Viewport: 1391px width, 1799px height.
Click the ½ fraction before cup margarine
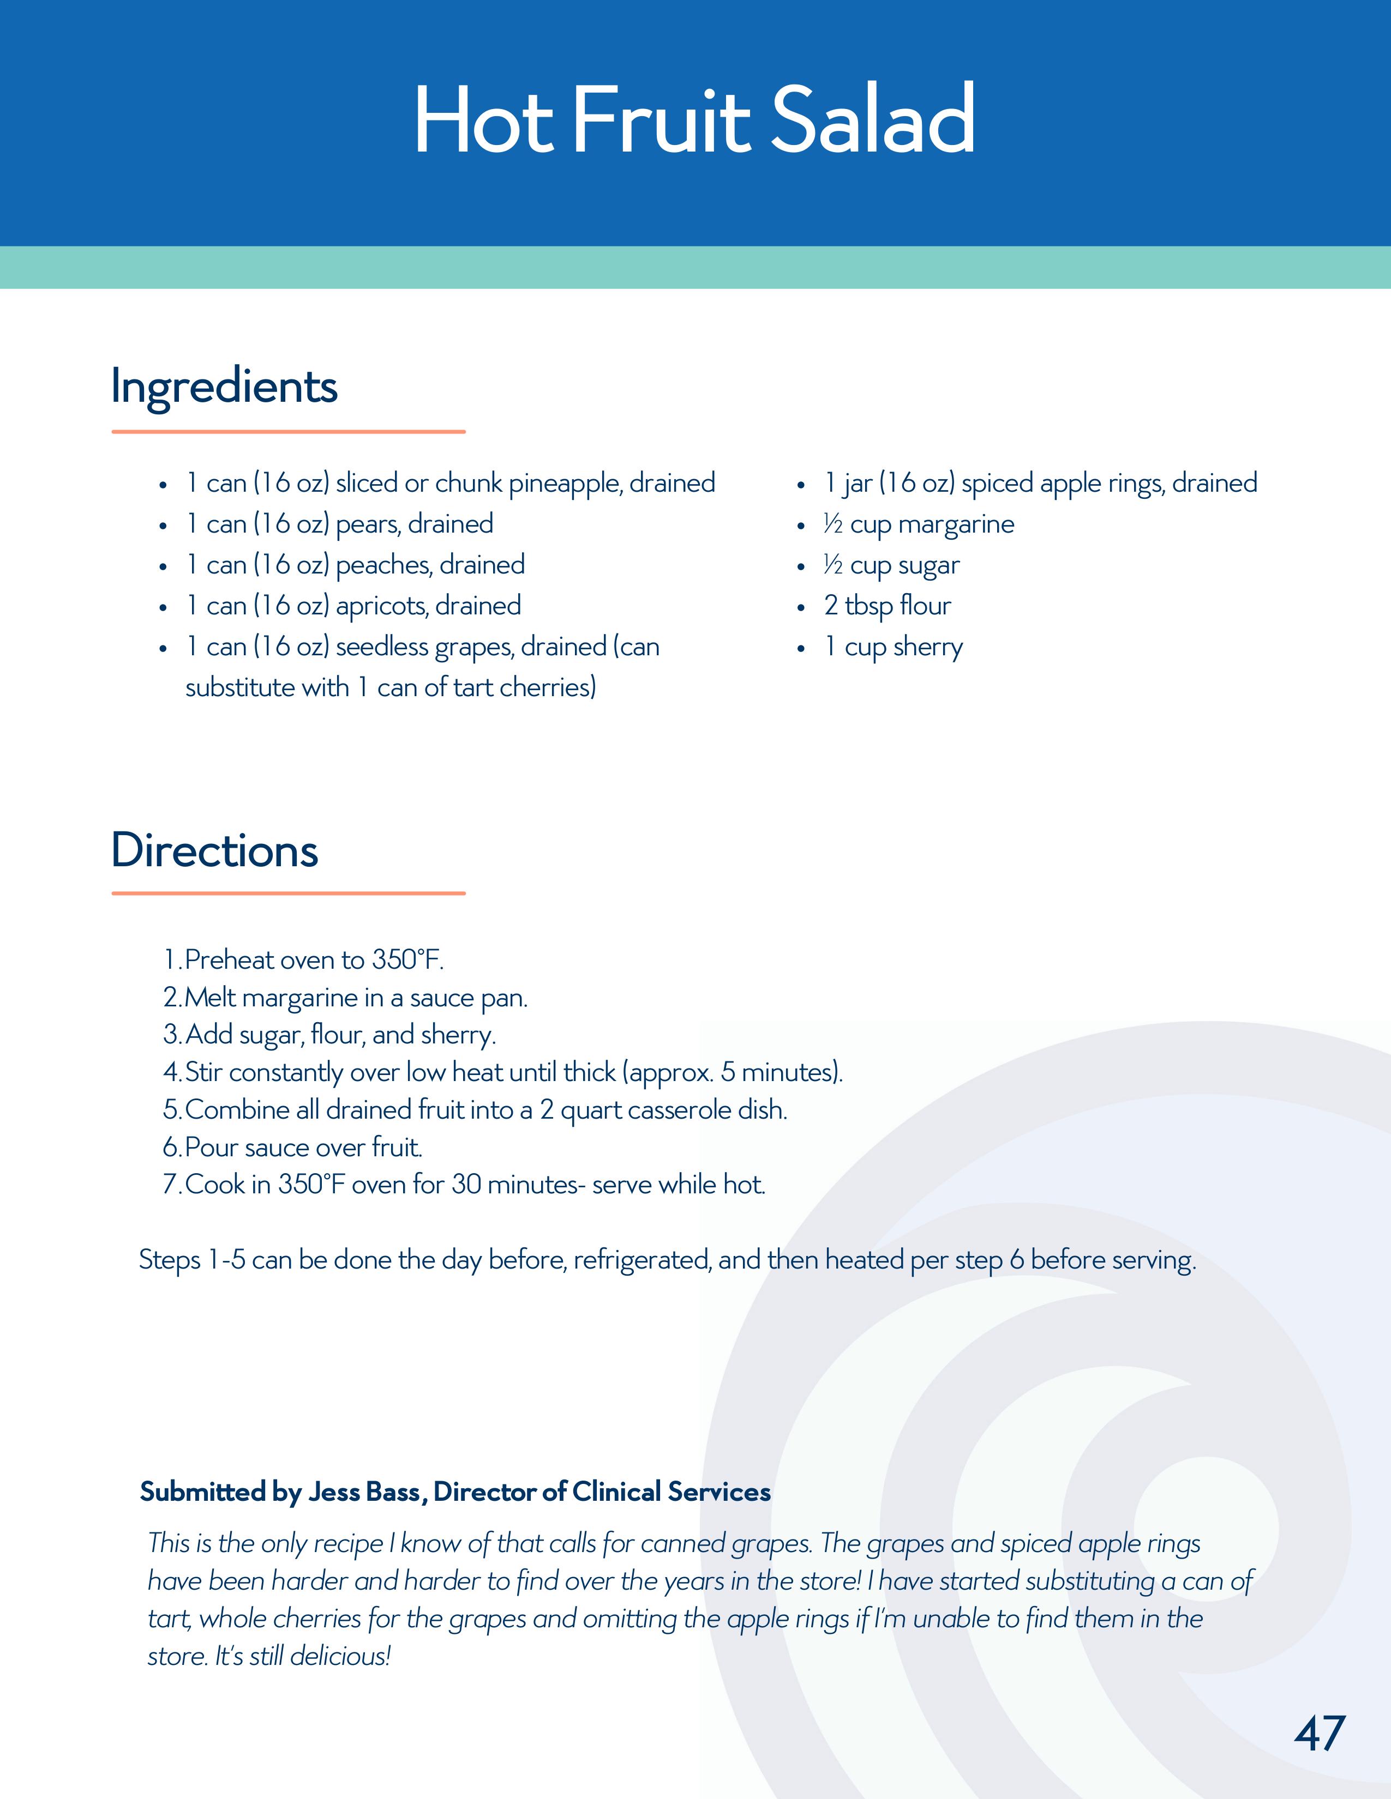pyautogui.click(x=832, y=524)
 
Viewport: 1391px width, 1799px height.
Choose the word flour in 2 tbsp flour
pyautogui.click(x=925, y=606)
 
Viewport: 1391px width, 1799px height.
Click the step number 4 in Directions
pyautogui.click(x=171, y=1072)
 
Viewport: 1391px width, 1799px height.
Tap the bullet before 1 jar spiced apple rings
pyautogui.click(x=800, y=485)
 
